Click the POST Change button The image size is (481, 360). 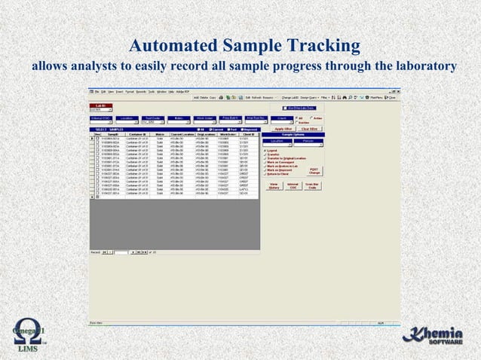coord(314,172)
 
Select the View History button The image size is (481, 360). coord(274,187)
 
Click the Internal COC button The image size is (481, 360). coord(294,187)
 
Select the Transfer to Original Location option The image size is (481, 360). coord(288,159)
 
